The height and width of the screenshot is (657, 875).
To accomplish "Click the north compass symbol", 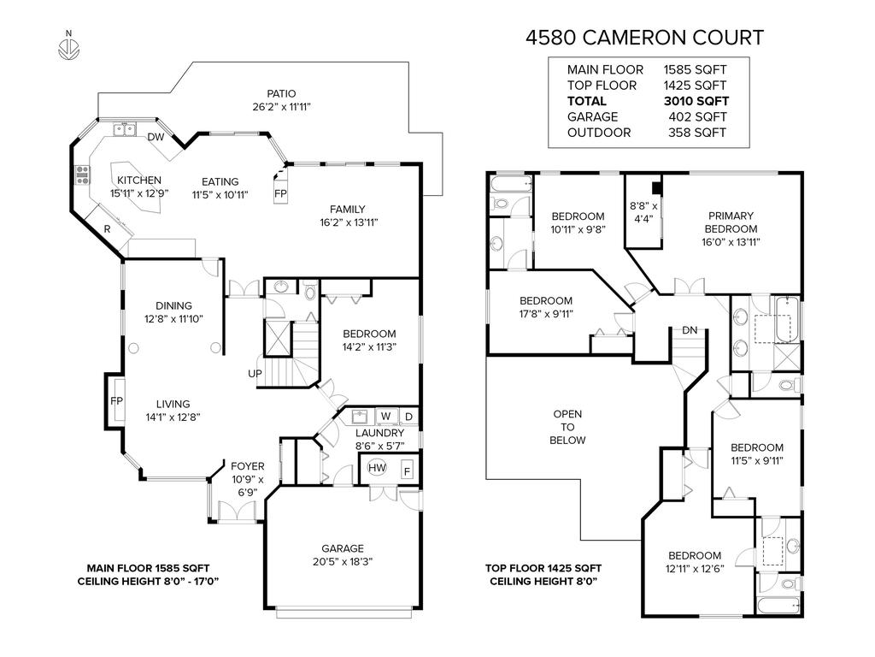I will (x=68, y=47).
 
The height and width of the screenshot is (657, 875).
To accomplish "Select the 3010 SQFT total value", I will (x=696, y=101).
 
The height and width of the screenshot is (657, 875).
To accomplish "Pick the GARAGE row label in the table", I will (x=591, y=117).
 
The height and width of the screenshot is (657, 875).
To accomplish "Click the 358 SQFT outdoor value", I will (x=696, y=133).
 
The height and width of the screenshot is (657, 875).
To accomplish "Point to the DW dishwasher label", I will (x=155, y=138).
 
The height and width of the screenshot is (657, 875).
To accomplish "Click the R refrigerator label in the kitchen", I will (x=107, y=228).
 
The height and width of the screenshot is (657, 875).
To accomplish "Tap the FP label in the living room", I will (x=115, y=400).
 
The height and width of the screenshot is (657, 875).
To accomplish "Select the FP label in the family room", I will (x=280, y=194).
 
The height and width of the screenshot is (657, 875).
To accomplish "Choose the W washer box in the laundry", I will (x=385, y=417).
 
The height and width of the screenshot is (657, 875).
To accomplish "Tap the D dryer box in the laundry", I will (x=408, y=417).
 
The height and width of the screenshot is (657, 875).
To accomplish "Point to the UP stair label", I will (x=255, y=374).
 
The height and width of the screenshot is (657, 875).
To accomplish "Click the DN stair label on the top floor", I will (x=689, y=330).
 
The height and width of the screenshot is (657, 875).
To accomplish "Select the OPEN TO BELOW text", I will (x=567, y=427).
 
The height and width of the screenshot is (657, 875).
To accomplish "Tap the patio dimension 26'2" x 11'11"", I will (x=280, y=108).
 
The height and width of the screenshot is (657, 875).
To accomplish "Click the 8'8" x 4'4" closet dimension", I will (x=643, y=212).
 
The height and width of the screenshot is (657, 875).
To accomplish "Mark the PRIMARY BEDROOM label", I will (x=731, y=222).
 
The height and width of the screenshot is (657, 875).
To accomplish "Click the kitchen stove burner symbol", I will (x=84, y=175).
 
